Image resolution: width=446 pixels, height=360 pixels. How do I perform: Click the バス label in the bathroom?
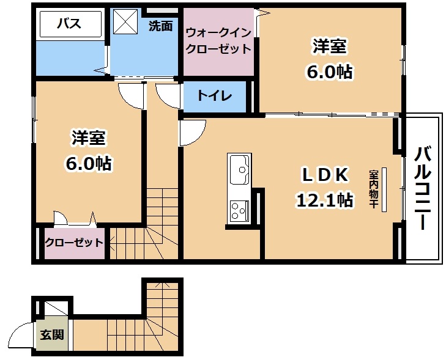point(69,23)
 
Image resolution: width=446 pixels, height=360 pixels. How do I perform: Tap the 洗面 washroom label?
point(161,26)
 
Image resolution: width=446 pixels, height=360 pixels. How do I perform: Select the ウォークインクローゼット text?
point(218,41)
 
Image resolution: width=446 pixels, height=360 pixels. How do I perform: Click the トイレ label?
point(215,96)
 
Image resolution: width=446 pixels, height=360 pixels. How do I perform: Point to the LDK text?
point(325,174)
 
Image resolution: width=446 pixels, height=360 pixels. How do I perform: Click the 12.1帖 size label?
point(325,200)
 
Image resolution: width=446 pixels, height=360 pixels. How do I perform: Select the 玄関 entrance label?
point(52,335)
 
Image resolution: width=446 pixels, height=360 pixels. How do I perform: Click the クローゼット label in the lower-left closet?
point(74,243)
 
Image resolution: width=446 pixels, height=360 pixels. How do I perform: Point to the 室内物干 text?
point(373,189)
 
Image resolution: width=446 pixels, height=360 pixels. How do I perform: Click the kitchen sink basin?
point(239,170)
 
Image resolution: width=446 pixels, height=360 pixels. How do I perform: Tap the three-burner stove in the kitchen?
point(239,210)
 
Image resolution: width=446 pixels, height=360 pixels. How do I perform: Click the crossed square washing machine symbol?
point(125,22)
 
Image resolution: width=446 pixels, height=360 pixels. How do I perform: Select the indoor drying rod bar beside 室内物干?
point(384,189)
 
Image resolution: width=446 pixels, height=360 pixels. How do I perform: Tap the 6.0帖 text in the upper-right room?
point(329,72)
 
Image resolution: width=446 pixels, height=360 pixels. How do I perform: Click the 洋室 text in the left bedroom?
point(89,138)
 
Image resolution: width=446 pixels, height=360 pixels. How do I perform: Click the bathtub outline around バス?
point(70,24)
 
